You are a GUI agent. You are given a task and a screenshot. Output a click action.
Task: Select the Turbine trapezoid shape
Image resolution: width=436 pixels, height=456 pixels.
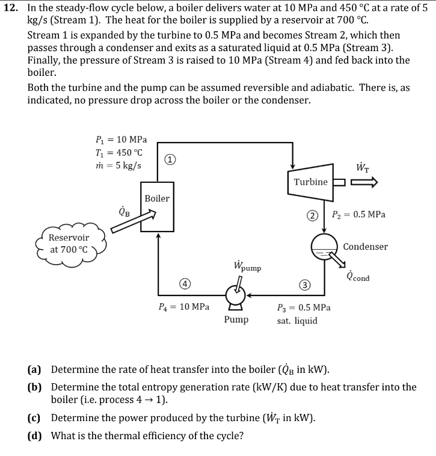[x=311, y=182]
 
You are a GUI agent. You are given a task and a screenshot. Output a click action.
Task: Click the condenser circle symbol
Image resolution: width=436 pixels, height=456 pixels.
[x=325, y=247]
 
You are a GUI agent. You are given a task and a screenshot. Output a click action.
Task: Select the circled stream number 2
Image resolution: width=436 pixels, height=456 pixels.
[x=313, y=215]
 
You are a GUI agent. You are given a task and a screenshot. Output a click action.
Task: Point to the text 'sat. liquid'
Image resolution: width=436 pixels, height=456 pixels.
[x=297, y=321]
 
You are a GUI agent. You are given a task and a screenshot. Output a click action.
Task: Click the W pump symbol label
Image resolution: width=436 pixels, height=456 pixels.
[x=246, y=266]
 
